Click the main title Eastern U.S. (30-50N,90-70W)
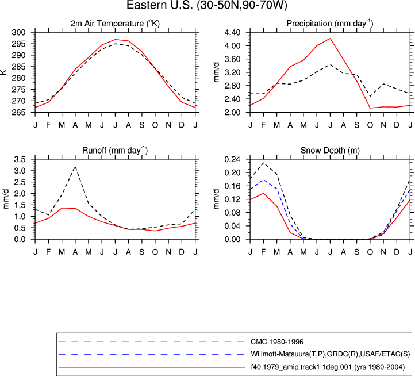(207, 5)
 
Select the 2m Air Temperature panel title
(115, 24)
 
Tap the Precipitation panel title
(330, 24)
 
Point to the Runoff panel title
(115, 151)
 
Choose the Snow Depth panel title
(330, 151)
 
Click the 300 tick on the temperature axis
(19, 33)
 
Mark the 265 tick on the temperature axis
(19, 112)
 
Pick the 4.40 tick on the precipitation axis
(232, 33)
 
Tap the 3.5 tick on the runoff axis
(20, 159)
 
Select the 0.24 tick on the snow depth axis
(232, 159)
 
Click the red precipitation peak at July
(330, 39)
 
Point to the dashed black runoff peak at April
(75, 167)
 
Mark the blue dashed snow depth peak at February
(264, 180)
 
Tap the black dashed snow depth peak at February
(264, 163)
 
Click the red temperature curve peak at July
(115, 40)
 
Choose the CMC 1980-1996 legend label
(277, 342)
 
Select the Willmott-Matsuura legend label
(331, 354)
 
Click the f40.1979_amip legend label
(328, 367)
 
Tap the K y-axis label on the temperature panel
(3, 72)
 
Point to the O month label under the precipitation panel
(370, 125)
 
